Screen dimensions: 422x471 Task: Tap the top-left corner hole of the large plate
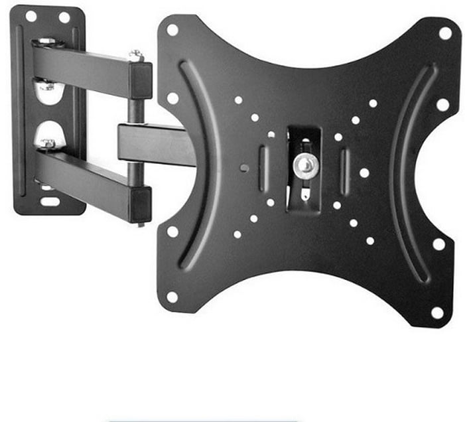(x=172, y=30)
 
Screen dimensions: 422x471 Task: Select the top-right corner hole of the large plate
(x=445, y=33)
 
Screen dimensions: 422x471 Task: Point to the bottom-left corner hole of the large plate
(x=172, y=297)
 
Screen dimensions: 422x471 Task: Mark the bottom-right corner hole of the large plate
(x=437, y=312)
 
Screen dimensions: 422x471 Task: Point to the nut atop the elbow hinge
(x=137, y=55)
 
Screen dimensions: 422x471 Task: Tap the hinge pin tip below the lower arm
(x=139, y=223)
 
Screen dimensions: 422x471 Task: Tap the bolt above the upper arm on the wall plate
(x=46, y=42)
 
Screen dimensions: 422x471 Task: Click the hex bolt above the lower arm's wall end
(x=48, y=143)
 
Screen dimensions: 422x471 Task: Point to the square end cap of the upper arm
(x=141, y=80)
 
